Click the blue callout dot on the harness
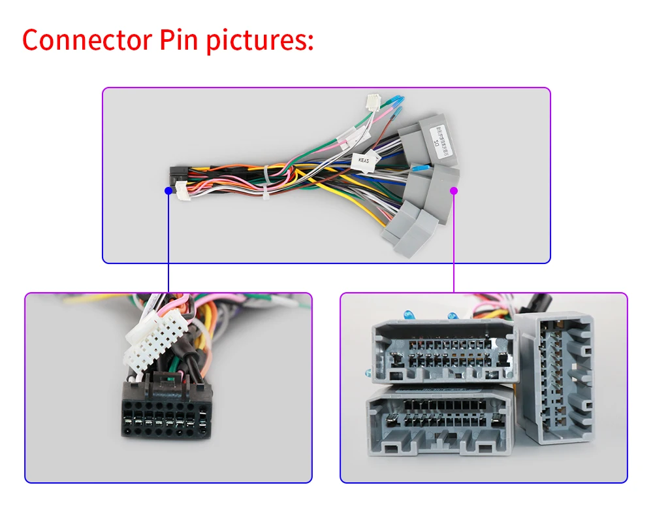click(168, 190)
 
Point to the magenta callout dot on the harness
click(454, 191)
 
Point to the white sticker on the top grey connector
click(436, 140)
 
